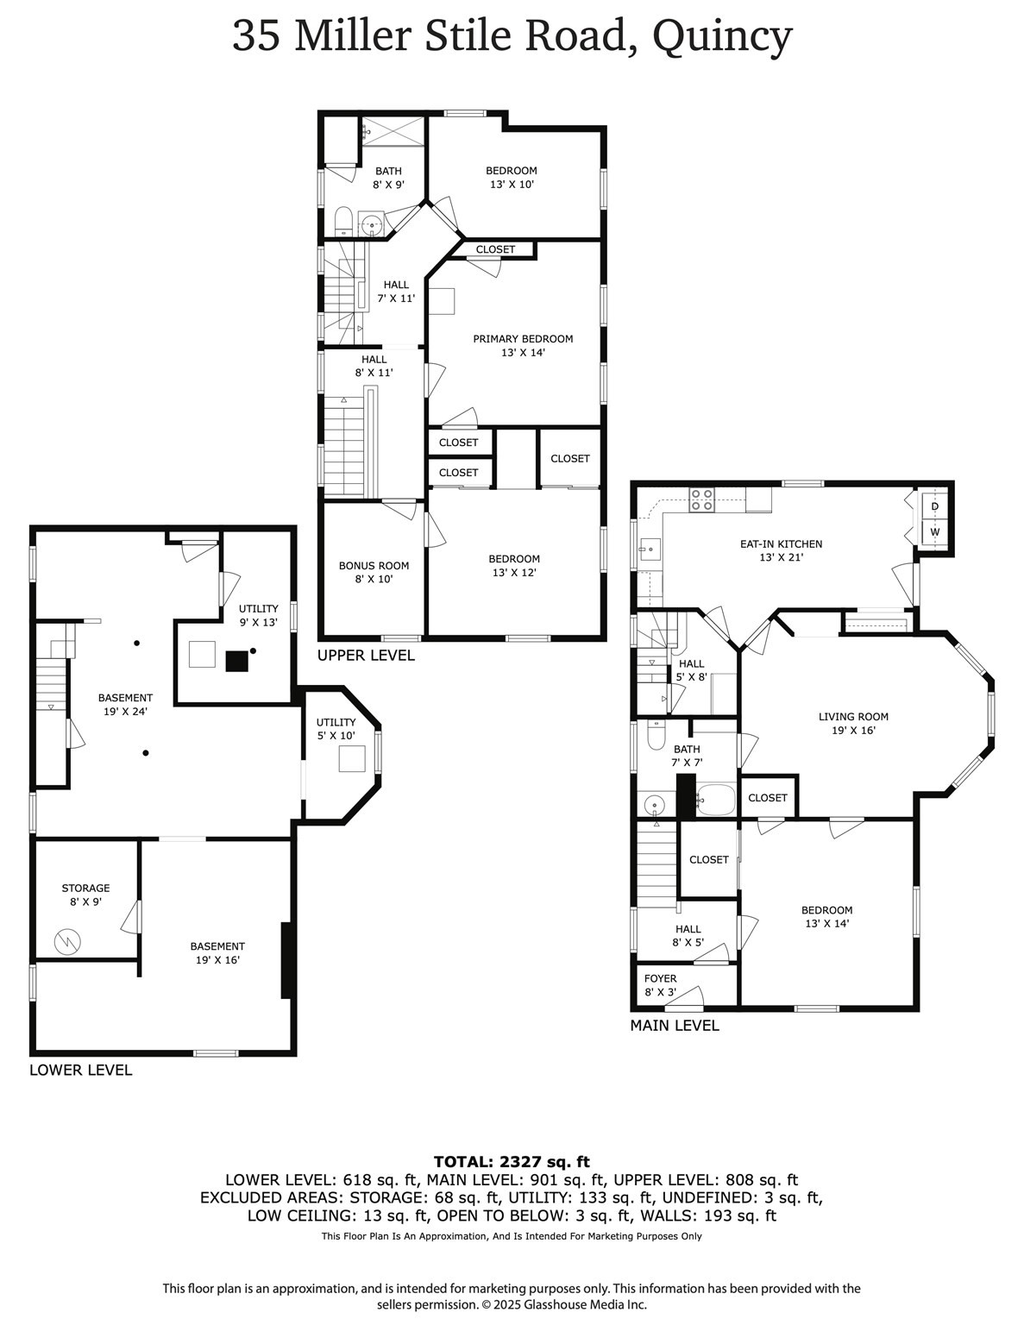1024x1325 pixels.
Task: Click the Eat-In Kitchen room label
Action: tap(781, 550)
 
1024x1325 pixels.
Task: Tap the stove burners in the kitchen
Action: tap(701, 500)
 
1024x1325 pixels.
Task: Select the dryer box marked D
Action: tap(934, 506)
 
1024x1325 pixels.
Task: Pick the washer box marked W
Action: tap(934, 532)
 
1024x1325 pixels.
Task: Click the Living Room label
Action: tap(852, 723)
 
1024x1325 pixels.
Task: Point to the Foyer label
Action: tap(660, 985)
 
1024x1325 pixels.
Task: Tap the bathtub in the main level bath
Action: tap(714, 801)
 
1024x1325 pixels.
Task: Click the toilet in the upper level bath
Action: tap(342, 220)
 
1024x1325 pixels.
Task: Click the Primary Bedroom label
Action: tap(523, 345)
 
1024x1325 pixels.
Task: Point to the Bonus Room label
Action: tap(374, 572)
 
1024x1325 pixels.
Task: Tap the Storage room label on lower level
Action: tap(85, 895)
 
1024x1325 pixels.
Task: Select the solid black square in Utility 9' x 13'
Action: tap(236, 661)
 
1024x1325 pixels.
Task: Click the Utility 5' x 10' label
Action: tap(336, 729)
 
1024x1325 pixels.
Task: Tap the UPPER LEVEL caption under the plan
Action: tap(366, 656)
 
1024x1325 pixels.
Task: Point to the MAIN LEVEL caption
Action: tap(674, 1026)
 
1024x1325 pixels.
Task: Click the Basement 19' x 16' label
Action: tap(217, 952)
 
